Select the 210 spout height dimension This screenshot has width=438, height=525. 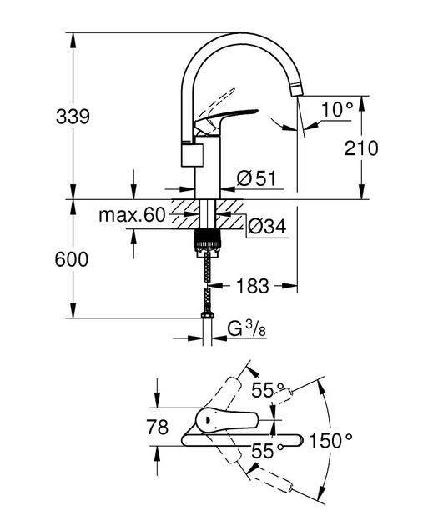360,148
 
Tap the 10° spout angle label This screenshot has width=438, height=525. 338,107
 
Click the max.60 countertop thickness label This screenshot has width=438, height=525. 132,215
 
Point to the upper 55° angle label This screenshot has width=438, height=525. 269,390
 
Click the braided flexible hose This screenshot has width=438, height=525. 206,279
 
